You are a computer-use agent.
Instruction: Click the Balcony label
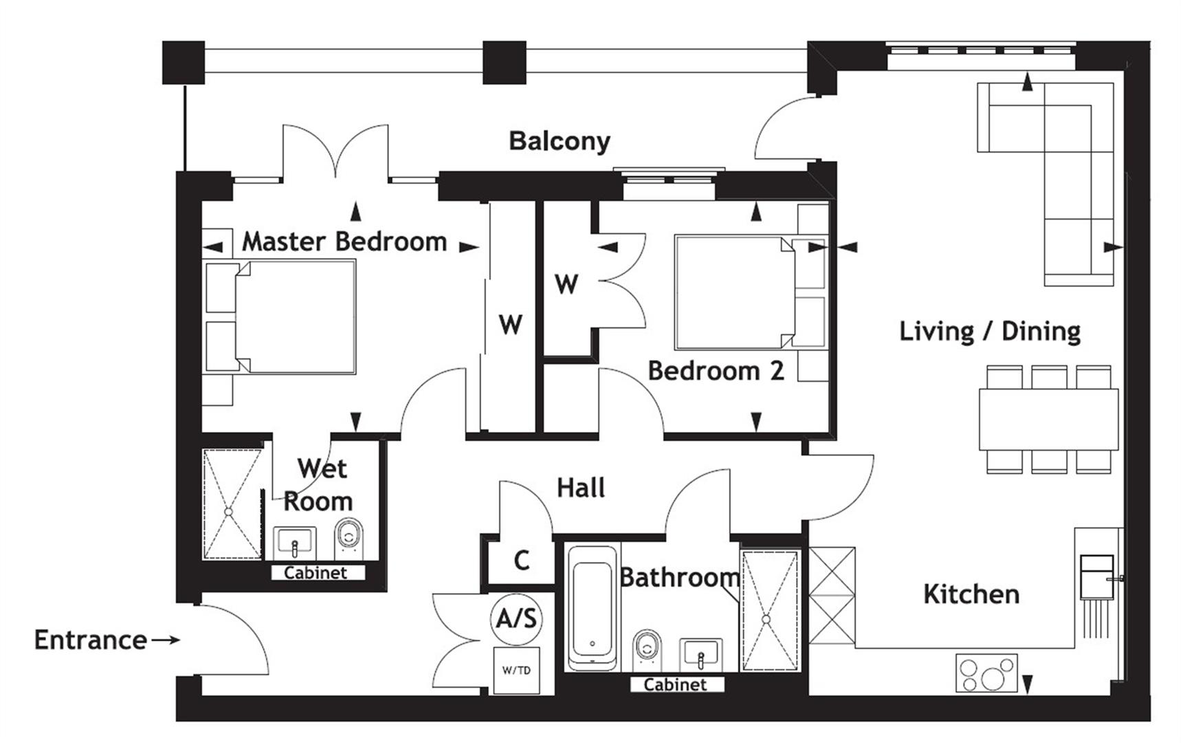[559, 141]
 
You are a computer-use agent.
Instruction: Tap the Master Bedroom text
[344, 241]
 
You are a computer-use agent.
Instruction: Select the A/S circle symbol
[517, 618]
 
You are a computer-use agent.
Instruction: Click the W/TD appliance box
[516, 670]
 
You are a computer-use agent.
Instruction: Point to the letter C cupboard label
[522, 561]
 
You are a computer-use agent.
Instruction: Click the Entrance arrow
[165, 640]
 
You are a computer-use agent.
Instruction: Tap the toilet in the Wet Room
[349, 537]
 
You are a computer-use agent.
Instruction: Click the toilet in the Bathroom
[645, 648]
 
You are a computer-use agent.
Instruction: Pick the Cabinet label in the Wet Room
[316, 572]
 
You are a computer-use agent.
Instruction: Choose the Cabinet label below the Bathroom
[675, 685]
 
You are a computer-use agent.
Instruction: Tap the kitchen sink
[1096, 577]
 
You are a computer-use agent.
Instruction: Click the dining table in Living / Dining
[1048, 420]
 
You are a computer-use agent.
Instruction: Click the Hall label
[581, 488]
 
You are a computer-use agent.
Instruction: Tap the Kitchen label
[971, 594]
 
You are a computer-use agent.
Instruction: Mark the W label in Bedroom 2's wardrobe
[566, 283]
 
